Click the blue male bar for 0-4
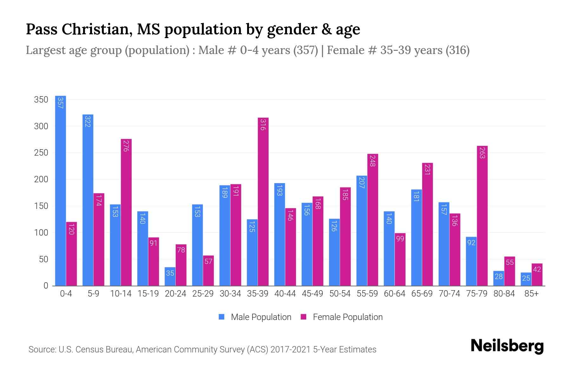(60, 190)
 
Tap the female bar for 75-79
(482, 216)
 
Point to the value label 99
(400, 238)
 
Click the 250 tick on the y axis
(41, 153)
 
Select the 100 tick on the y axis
(41, 233)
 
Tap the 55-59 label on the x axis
(367, 294)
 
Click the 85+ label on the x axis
(531, 294)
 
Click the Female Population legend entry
(342, 317)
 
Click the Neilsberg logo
(507, 346)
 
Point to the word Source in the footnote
(41, 350)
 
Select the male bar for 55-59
(362, 231)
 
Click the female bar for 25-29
(208, 271)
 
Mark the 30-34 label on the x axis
(230, 294)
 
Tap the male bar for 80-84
(499, 278)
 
